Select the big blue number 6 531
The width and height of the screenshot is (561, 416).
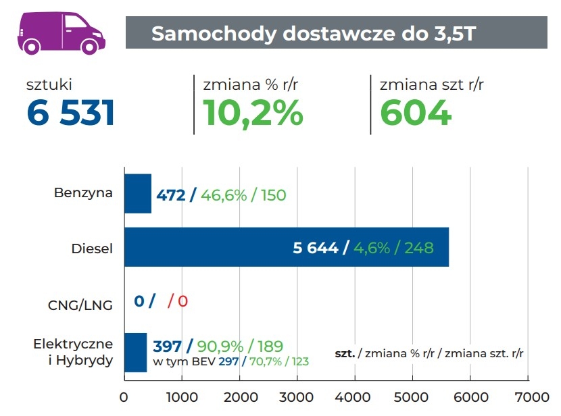(x=71, y=113)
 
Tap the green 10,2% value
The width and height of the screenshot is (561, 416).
(x=253, y=113)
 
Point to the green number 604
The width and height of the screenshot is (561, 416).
(x=416, y=113)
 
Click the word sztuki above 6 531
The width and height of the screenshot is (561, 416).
(x=49, y=85)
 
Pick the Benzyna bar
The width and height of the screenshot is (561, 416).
(x=138, y=194)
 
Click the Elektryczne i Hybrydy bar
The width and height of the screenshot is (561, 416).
(x=135, y=352)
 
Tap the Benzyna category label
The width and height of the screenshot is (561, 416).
(x=83, y=193)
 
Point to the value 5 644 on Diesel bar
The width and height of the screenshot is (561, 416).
(x=316, y=248)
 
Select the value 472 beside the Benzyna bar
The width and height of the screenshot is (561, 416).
(x=171, y=195)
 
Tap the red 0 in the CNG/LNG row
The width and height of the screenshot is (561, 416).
(x=182, y=301)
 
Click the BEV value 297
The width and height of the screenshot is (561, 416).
(x=228, y=362)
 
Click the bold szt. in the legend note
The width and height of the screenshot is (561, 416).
(x=345, y=353)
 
